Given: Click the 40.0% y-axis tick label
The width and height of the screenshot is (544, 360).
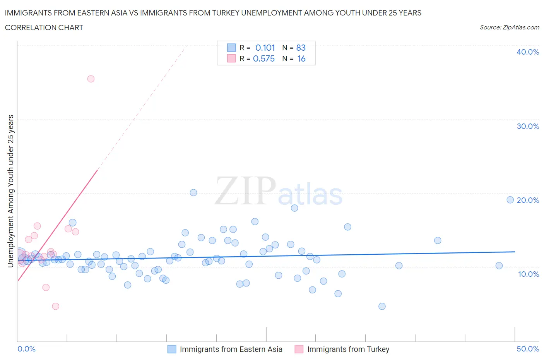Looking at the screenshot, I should coord(527,52).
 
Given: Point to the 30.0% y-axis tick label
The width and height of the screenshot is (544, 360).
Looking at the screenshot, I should coord(527,126).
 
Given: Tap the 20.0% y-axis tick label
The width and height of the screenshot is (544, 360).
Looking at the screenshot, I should coord(528,200).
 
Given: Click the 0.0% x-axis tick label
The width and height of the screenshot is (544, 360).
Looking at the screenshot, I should coord(26,349).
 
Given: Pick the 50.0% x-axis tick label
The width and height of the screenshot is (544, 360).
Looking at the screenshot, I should coord(527,349).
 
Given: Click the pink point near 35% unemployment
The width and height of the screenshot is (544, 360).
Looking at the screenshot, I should coord(91,79).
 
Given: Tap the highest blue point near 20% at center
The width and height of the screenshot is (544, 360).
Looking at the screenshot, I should coord(193,192).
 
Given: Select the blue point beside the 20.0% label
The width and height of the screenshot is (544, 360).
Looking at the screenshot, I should coord(510,200).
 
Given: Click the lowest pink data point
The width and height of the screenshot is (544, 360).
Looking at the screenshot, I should coord(55,306).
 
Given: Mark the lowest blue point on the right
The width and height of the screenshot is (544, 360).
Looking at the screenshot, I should coord(382,306).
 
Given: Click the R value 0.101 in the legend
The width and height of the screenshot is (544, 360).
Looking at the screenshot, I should coord(265,48).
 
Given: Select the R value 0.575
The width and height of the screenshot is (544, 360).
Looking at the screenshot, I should coord(264,58).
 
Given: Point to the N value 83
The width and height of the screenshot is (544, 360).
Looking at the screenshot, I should coord(301,48).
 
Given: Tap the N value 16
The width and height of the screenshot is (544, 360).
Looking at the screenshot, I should coord(301,58).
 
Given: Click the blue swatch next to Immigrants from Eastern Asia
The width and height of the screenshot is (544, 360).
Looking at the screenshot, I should coord(171,349).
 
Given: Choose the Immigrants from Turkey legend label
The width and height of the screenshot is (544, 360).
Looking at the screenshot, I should coord(348,349).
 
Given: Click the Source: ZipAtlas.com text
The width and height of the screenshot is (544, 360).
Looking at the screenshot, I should coord(509,27).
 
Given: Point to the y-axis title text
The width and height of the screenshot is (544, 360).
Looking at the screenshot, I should coord(11,191).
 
